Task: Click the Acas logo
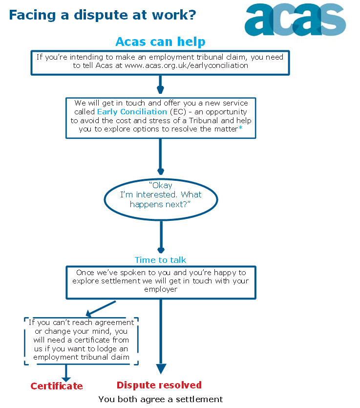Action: pos(295,20)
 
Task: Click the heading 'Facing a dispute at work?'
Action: pos(103,15)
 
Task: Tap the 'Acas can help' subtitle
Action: pos(160,42)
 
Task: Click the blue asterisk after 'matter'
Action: pos(240,129)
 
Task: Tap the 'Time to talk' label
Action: pos(160,260)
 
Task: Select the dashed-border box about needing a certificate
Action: pos(82,341)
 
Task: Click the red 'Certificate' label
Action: pos(57,387)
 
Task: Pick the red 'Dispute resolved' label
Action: pos(159,385)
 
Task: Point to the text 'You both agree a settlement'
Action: pos(160,399)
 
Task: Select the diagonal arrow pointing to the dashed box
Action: pos(100,308)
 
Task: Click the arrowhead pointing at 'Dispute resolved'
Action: pos(161,368)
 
